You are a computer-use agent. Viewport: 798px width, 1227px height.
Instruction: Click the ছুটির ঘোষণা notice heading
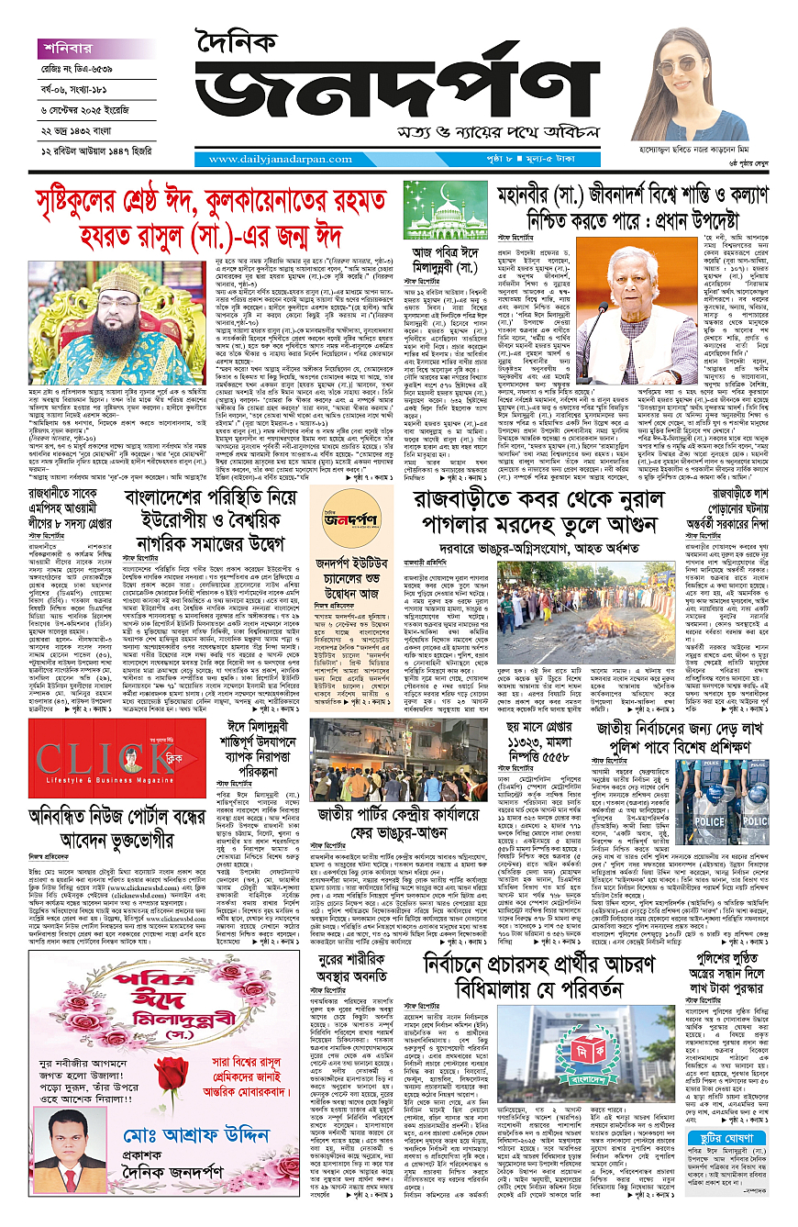[x=731, y=1113]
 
